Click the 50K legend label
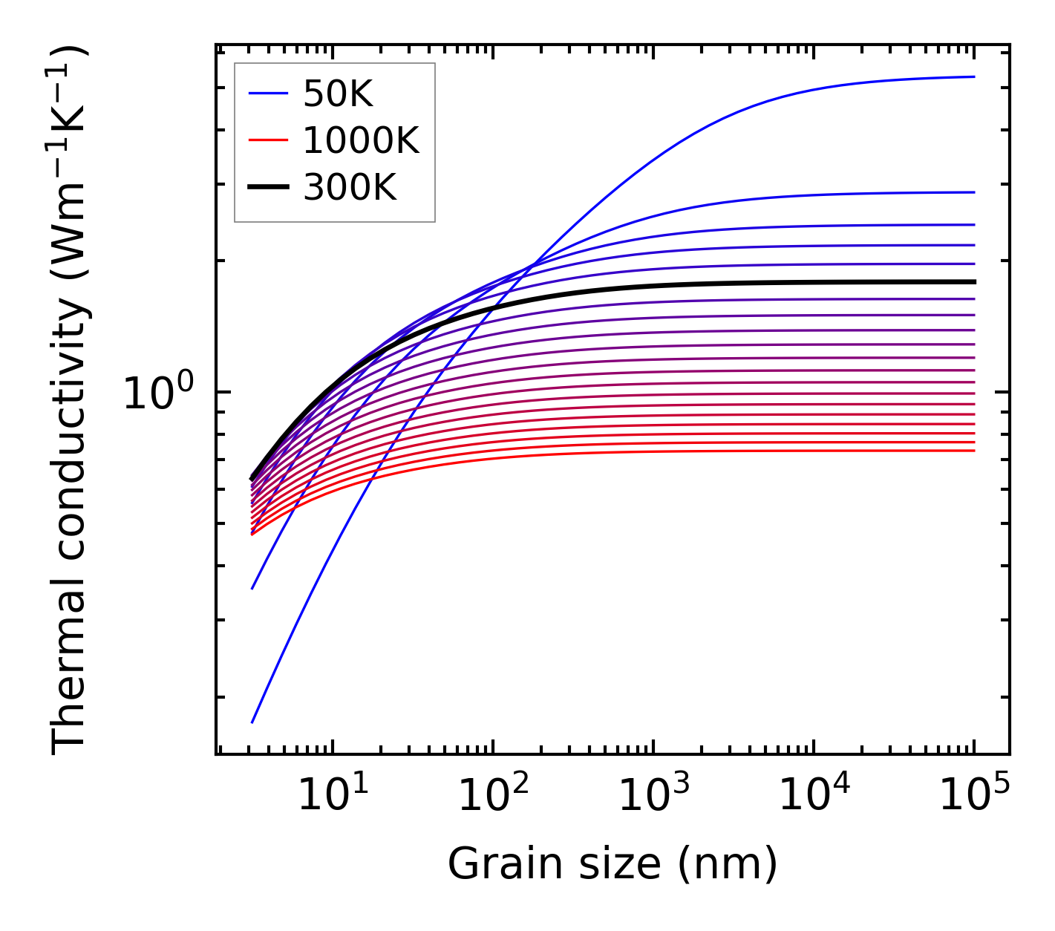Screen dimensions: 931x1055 click(x=338, y=94)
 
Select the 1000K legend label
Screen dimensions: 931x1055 click(x=361, y=140)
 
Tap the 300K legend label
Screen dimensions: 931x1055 click(x=350, y=188)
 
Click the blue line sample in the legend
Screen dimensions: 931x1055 click(x=267, y=94)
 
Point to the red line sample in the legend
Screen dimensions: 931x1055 click(x=267, y=140)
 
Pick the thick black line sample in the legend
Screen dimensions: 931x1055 click(x=267, y=188)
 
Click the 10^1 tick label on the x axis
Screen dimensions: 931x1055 click(x=333, y=796)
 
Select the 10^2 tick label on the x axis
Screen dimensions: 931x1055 click(x=493, y=796)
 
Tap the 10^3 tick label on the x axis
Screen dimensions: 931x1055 click(x=653, y=796)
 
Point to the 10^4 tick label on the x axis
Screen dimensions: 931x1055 click(x=814, y=796)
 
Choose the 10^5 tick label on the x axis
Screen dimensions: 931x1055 click(x=974, y=796)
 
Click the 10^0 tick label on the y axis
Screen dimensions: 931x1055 click(x=157, y=393)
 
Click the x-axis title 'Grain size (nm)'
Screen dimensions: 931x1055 click(x=613, y=864)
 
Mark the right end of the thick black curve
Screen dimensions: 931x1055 click(x=973, y=282)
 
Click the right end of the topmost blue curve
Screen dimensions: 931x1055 click(x=973, y=76)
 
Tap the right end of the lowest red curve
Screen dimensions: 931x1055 click(x=973, y=451)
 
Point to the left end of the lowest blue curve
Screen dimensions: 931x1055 click(x=252, y=722)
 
